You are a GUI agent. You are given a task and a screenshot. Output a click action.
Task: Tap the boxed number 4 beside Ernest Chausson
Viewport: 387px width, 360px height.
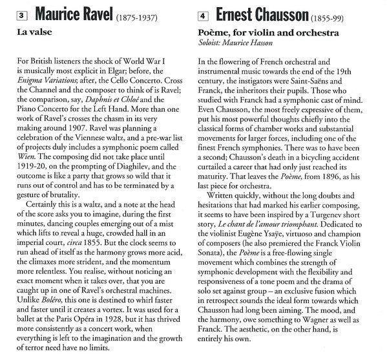204,13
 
